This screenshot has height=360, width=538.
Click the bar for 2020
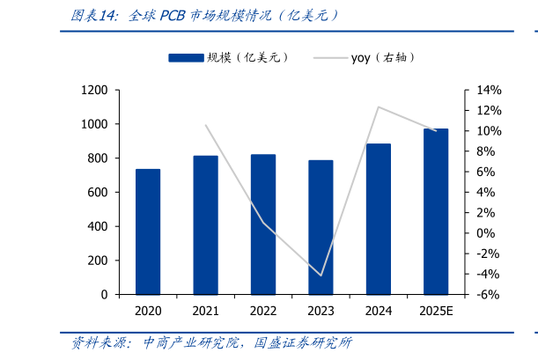pyautogui.click(x=148, y=231)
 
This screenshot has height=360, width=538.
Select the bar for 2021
pyautogui.click(x=206, y=225)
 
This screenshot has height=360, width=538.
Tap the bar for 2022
pyautogui.click(x=263, y=224)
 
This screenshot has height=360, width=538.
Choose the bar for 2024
pyautogui.click(x=379, y=219)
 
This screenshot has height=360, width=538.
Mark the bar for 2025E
pyautogui.click(x=436, y=211)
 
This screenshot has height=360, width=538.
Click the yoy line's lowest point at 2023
pyautogui.click(x=321, y=276)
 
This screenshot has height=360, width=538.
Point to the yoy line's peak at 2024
pyautogui.click(x=379, y=107)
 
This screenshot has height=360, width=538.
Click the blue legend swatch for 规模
pyautogui.click(x=186, y=58)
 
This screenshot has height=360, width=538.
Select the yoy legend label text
pyautogui.click(x=360, y=58)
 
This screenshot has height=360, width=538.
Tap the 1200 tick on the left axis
pyautogui.click(x=94, y=91)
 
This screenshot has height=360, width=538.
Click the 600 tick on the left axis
pyautogui.click(x=98, y=193)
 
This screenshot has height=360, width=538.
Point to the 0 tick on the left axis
pyautogui.click(x=104, y=295)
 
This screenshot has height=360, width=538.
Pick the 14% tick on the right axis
pyautogui.click(x=489, y=91)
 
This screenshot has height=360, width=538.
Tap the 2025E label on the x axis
pyautogui.click(x=436, y=312)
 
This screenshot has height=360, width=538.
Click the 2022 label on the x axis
pyautogui.click(x=263, y=312)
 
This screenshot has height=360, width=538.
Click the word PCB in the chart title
pyautogui.click(x=173, y=15)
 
